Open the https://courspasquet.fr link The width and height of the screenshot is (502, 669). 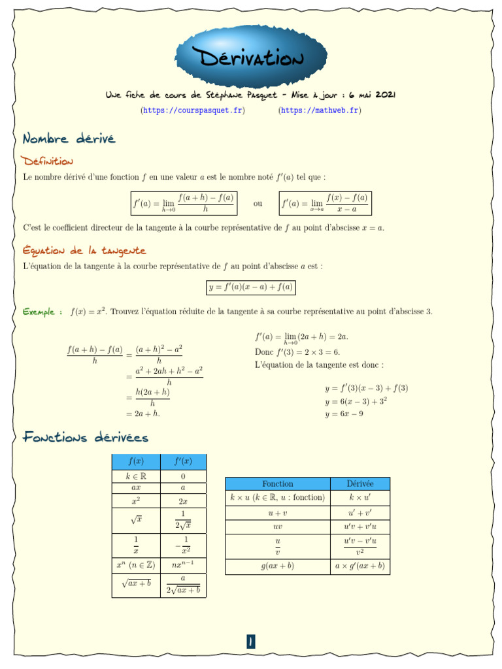pyautogui.click(x=193, y=110)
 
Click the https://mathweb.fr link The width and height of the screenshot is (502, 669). pyautogui.click(x=320, y=110)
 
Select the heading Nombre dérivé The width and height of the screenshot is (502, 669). pyautogui.click(x=69, y=139)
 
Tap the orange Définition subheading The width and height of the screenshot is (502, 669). pyautogui.click(x=47, y=161)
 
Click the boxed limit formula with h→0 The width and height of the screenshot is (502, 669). pyautogui.click(x=183, y=203)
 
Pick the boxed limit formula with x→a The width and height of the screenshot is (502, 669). pyautogui.click(x=325, y=203)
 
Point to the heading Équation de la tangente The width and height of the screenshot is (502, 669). pyautogui.click(x=84, y=250)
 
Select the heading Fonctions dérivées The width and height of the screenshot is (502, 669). pyautogui.click(x=86, y=437)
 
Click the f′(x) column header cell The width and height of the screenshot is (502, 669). pyautogui.click(x=183, y=462)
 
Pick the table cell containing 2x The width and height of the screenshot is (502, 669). pyautogui.click(x=183, y=501)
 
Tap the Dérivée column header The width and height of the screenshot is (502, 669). pyautogui.click(x=360, y=483)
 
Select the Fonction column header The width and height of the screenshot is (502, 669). pyautogui.click(x=277, y=483)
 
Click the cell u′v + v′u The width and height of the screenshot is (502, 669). pyautogui.click(x=360, y=527)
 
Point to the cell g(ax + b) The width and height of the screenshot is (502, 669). pyautogui.click(x=277, y=566)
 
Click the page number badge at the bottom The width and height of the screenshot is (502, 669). pyautogui.click(x=250, y=642)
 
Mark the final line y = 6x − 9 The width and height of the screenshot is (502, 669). pyautogui.click(x=344, y=414)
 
